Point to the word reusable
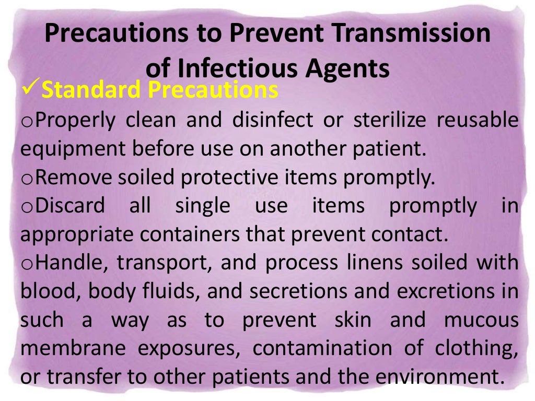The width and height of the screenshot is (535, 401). (478, 120)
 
